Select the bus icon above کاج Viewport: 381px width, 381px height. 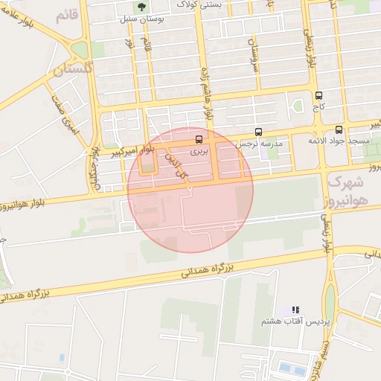[x=319, y=95]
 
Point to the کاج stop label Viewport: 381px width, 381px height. [x=319, y=107]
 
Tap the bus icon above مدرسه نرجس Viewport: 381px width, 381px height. [x=259, y=131]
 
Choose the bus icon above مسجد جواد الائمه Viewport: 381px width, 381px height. [x=339, y=129]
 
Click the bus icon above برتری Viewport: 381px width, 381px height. [x=198, y=138]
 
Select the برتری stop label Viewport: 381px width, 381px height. [x=198, y=150]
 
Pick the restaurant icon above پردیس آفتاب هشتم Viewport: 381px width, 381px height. [x=295, y=309]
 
